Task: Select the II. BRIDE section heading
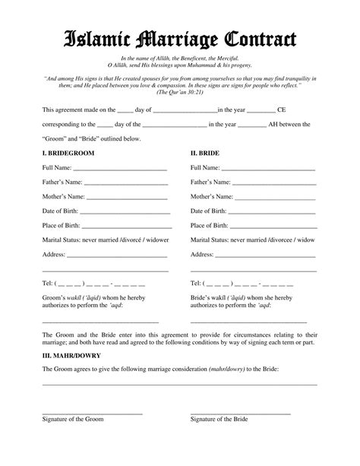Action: [205, 153]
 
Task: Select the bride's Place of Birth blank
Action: [273, 227]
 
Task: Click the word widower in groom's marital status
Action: [156, 239]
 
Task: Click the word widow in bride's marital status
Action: [306, 239]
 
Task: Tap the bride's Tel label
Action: [195, 283]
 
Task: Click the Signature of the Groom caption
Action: [73, 419]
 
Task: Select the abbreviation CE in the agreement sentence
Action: [281, 109]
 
